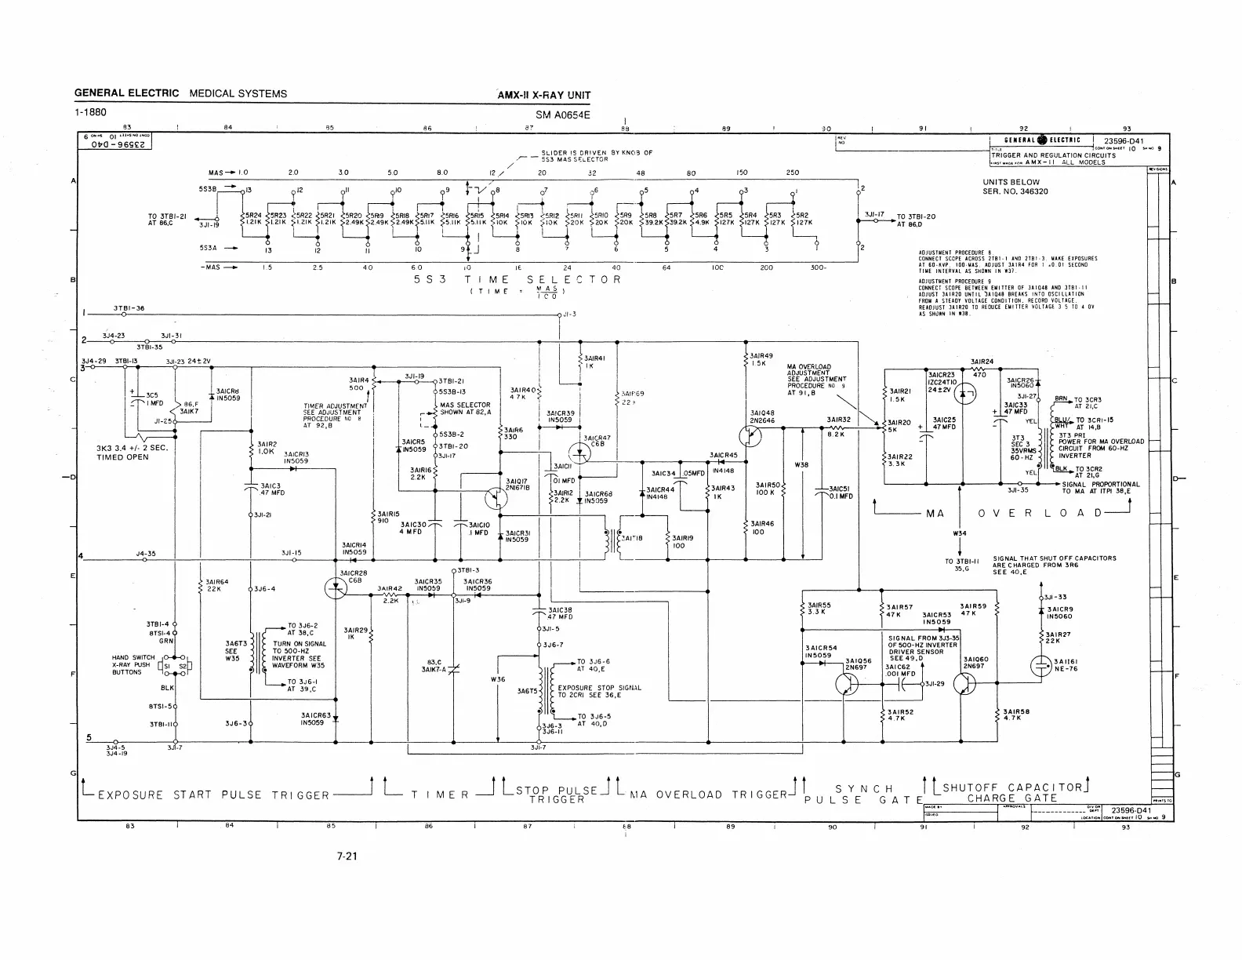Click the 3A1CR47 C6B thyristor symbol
pos(581,451)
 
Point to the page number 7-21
pos(347,856)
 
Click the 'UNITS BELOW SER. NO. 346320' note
pos(1015,187)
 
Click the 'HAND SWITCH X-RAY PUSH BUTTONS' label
pos(133,665)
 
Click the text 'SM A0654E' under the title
pos(562,115)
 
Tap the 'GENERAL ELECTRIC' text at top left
pos(126,93)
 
